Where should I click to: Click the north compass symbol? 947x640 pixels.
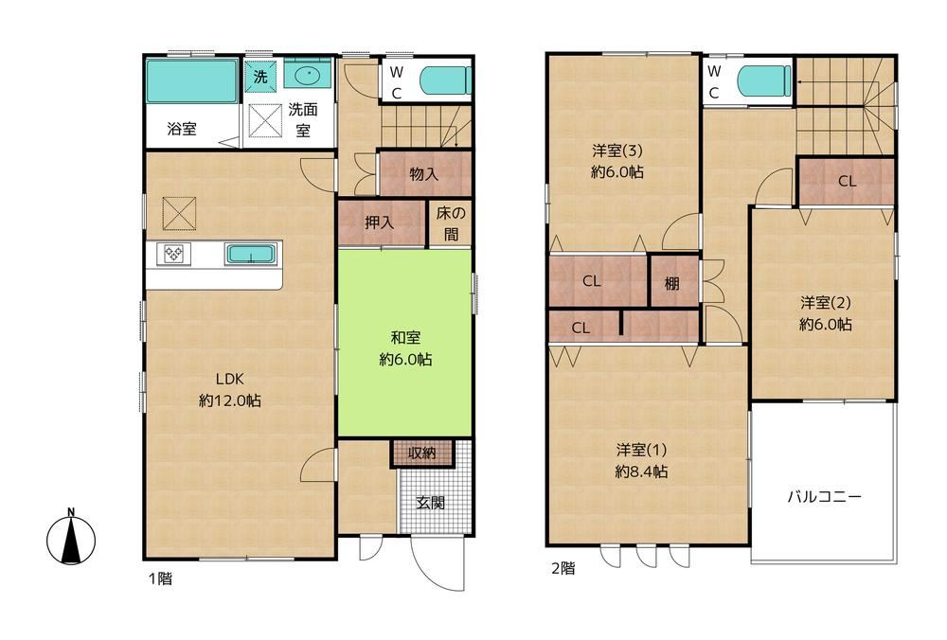click(x=71, y=538)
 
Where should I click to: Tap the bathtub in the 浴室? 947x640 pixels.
click(x=192, y=80)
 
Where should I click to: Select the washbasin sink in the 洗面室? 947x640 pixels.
click(x=308, y=74)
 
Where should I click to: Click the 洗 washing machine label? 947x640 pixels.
click(x=260, y=77)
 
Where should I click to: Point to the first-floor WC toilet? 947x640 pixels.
click(x=446, y=80)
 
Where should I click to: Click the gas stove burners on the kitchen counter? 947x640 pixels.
click(x=174, y=254)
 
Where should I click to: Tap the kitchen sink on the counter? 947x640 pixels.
click(x=251, y=254)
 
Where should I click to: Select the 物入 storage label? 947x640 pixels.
click(x=424, y=174)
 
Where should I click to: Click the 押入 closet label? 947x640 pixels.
click(x=380, y=222)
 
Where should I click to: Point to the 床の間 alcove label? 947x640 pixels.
click(x=451, y=223)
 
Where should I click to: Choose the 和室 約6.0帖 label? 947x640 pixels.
click(x=405, y=348)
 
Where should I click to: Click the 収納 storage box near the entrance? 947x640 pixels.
click(x=421, y=453)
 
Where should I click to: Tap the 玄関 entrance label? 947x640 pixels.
click(x=431, y=503)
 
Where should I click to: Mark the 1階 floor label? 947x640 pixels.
click(x=160, y=578)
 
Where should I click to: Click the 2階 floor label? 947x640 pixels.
click(x=563, y=568)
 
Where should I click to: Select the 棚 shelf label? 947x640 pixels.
click(x=672, y=283)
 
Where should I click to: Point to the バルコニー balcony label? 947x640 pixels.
click(x=824, y=497)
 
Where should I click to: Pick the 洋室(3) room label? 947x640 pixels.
click(x=617, y=150)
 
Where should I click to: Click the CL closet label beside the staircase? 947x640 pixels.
click(x=847, y=181)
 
